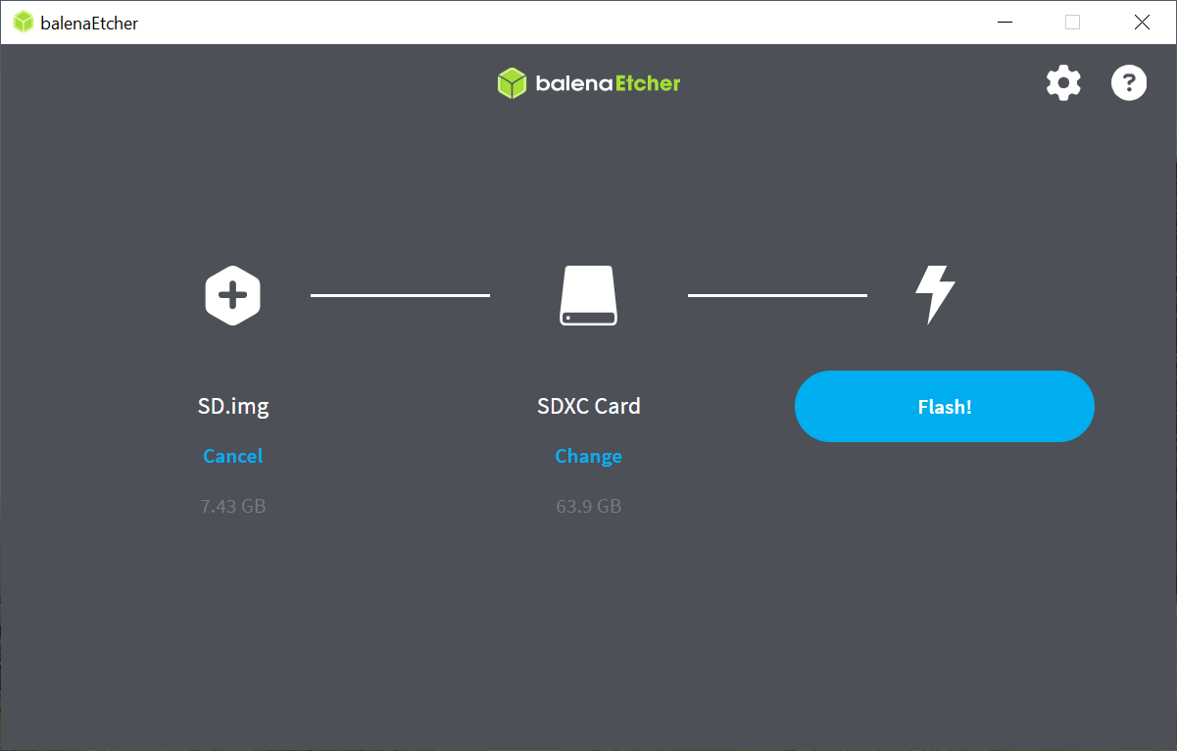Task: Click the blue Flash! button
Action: coord(944,406)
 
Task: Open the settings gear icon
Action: coord(1063,83)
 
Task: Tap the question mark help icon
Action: coord(1128,83)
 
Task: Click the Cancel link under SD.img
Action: coord(233,456)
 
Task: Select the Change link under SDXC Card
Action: coord(588,456)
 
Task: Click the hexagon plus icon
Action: coord(232,295)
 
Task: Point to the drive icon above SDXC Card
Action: coord(588,295)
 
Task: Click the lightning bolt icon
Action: coord(934,294)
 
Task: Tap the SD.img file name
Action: coord(233,406)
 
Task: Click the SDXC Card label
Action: coord(588,406)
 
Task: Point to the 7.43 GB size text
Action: coord(233,507)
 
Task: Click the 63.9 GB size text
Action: coord(588,507)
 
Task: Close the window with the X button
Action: coord(1142,23)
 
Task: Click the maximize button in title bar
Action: coord(1072,23)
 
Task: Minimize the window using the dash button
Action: coord(1004,23)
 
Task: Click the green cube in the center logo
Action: coord(512,83)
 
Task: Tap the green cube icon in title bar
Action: coord(24,23)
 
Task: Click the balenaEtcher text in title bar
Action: coord(89,24)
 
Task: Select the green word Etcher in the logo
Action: coord(648,83)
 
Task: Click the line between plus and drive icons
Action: coord(400,295)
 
